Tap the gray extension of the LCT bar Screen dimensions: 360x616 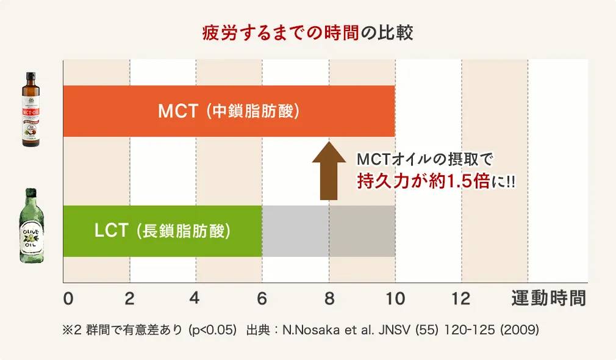pos(328,231)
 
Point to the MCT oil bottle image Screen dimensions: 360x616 pos(30,110)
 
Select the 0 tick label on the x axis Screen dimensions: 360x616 pos(68,299)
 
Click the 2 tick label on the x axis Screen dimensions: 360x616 pos(129,299)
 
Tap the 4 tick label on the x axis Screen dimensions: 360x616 pos(195,299)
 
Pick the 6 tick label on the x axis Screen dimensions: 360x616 pos(262,299)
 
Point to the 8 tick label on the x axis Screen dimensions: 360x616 pos(329,299)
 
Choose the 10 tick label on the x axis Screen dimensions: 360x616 pos(395,299)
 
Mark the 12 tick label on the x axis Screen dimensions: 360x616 pos(461,299)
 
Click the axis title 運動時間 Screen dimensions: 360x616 pos(548,299)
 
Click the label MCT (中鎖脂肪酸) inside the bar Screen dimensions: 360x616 pos(229,111)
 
